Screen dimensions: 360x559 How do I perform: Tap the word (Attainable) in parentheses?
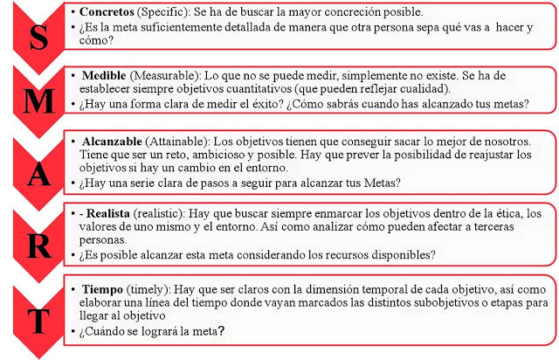pos(193,140)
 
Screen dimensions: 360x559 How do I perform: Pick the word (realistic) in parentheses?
pos(176,213)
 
